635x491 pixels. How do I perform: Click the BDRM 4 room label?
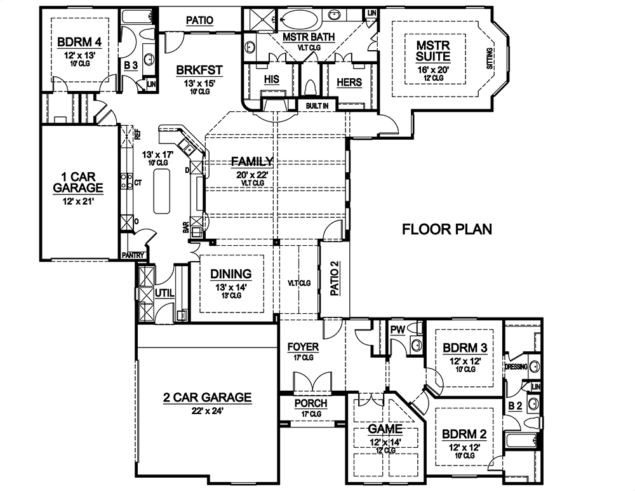[x=79, y=43]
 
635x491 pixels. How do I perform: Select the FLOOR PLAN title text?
[x=447, y=229]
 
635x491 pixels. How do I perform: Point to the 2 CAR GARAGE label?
[x=207, y=398]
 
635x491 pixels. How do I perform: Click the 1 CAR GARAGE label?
[x=77, y=182]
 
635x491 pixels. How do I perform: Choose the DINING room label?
[x=231, y=274]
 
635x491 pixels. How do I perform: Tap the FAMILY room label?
[x=252, y=161]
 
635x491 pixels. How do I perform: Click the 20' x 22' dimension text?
[x=252, y=173]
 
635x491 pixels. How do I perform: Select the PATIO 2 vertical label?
[x=335, y=279]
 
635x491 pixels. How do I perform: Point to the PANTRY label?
[x=135, y=255]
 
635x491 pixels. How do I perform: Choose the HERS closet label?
[x=349, y=82]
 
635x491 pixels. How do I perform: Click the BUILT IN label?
[x=316, y=105]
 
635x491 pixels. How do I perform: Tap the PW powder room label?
[x=398, y=330]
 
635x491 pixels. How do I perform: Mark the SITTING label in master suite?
[x=488, y=59]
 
